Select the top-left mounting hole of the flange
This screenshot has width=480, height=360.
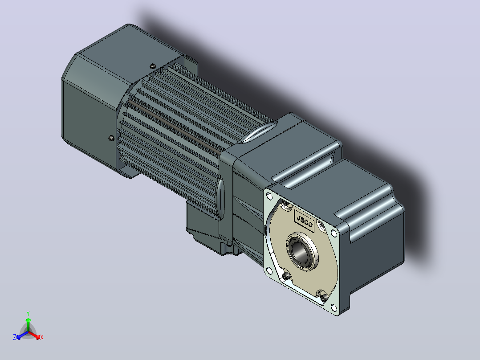pyautogui.click(x=269, y=196)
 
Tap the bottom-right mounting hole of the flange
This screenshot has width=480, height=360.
pyautogui.click(x=334, y=307)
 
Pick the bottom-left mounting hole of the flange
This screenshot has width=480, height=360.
pyautogui.click(x=269, y=270)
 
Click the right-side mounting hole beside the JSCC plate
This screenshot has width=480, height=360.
pyautogui.click(x=334, y=234)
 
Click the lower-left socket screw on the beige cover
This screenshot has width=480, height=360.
pyautogui.click(x=286, y=277)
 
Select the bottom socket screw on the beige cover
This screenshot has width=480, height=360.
pyautogui.click(x=324, y=297)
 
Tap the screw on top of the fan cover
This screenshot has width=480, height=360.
pyautogui.click(x=153, y=66)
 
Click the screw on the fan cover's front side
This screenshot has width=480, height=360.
pyautogui.click(x=112, y=138)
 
